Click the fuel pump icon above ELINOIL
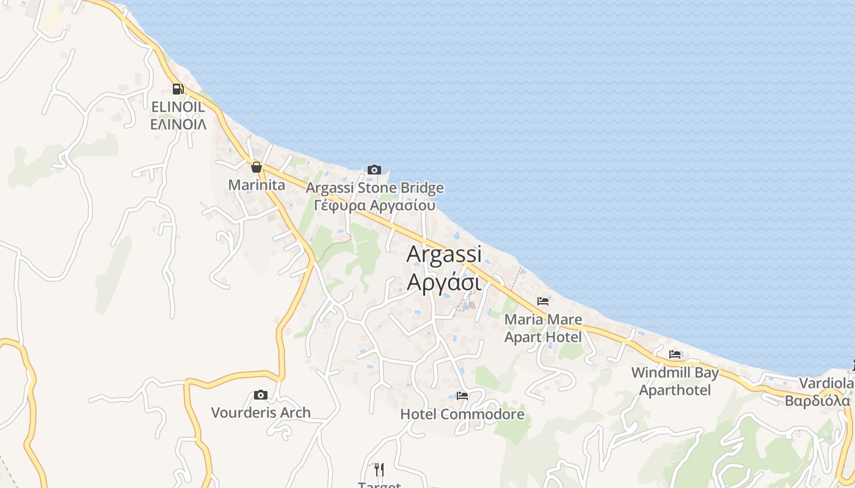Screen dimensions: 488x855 [178, 89]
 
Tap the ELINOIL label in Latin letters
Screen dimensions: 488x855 [178, 107]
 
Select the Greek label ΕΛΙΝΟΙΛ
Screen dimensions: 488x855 [178, 125]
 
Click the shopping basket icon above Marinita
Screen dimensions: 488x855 [256, 167]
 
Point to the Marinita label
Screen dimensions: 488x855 [256, 185]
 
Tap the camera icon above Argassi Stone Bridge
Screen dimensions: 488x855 [374, 170]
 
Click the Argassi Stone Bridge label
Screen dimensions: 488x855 [375, 188]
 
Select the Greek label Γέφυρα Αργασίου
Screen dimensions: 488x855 [374, 205]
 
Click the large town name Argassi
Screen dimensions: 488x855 [444, 254]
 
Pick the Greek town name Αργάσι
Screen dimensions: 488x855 [444, 282]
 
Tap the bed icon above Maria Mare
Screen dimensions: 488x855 [542, 301]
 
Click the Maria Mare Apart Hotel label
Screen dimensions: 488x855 [543, 328]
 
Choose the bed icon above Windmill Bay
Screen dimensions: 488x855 [675, 354]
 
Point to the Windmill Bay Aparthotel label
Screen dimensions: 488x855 [675, 381]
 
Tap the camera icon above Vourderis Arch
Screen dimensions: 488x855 [261, 395]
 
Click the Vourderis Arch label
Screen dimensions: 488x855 [261, 413]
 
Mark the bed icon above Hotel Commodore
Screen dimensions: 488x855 [462, 396]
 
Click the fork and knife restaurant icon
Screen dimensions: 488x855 [379, 469]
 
